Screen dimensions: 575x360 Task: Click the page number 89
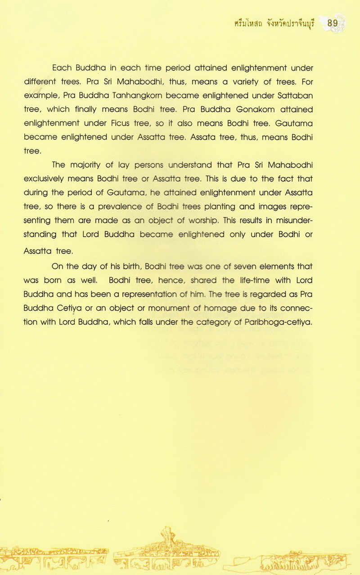tap(333, 23)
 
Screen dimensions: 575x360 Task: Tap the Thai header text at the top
tap(277, 23)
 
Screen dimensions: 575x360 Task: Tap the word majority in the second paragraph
tap(88, 165)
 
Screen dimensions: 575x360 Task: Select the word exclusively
tap(45, 179)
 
